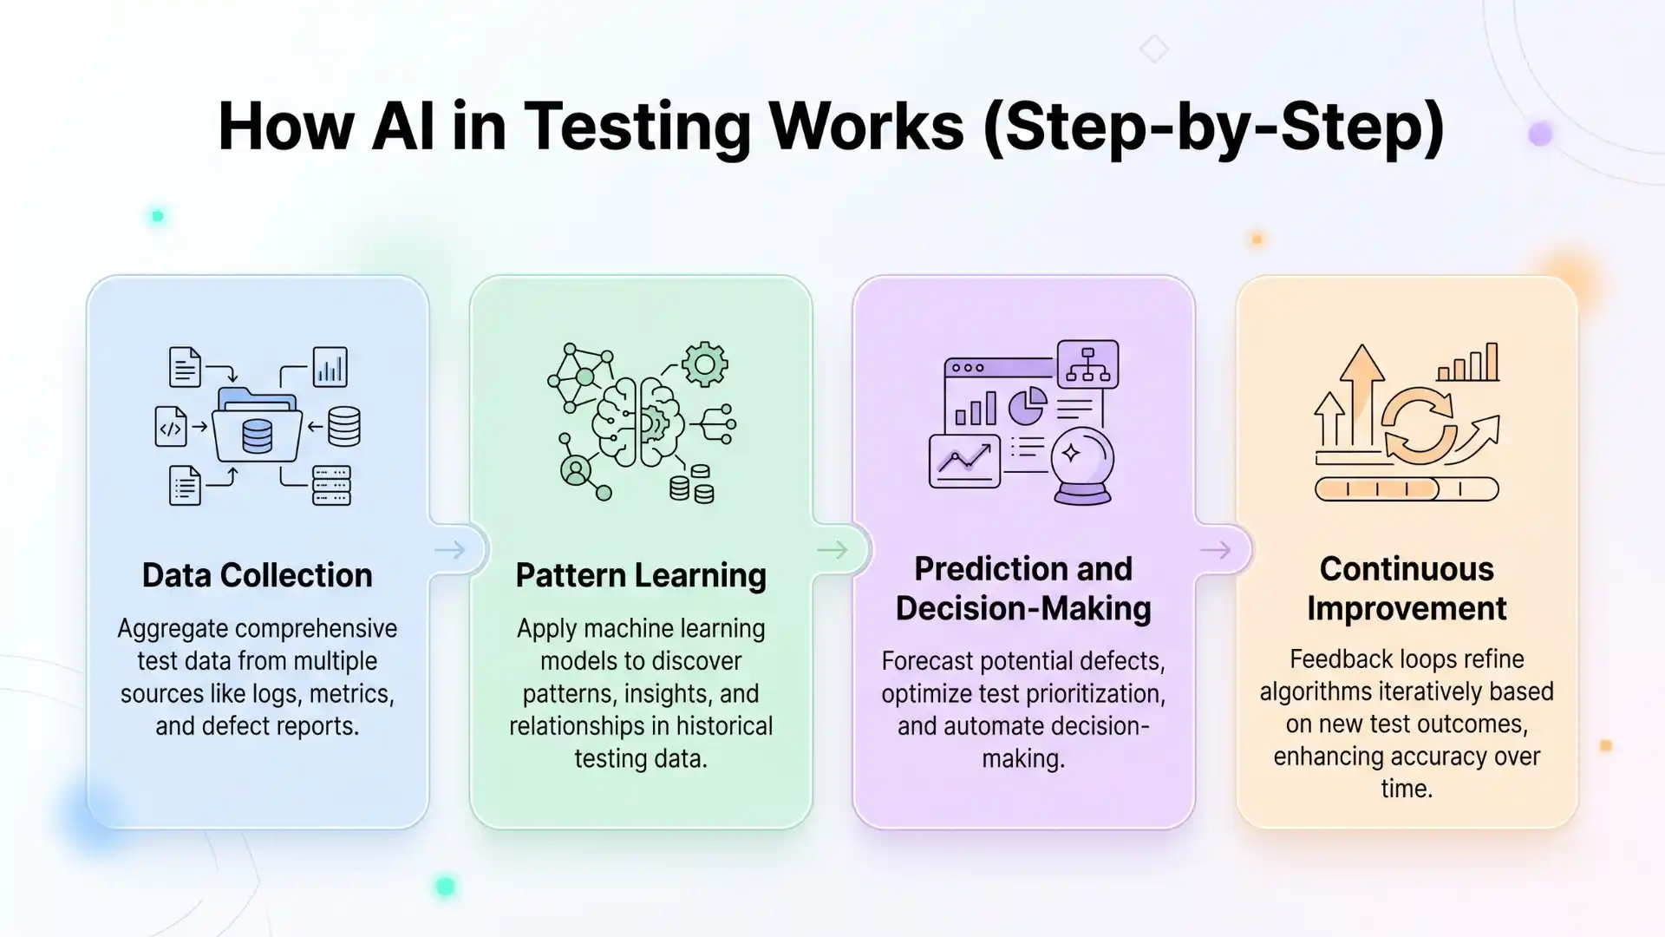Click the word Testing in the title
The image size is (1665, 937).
click(x=637, y=128)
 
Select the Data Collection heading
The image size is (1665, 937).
click(x=257, y=575)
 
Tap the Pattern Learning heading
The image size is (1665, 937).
click(x=641, y=575)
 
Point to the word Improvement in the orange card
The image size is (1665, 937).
click(x=1406, y=608)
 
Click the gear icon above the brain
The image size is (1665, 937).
click(x=704, y=364)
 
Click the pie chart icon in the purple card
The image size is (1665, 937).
click(x=1028, y=406)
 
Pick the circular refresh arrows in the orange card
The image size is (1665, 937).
click(x=1418, y=424)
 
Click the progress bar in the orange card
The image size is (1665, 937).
click(x=1406, y=489)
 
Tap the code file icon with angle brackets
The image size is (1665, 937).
click(x=171, y=427)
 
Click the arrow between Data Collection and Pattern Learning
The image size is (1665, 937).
click(x=449, y=549)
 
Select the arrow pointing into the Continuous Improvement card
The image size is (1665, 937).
click(x=1215, y=549)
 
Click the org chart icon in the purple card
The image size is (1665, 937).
click(x=1087, y=364)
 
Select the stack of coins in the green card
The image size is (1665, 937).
click(x=691, y=486)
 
